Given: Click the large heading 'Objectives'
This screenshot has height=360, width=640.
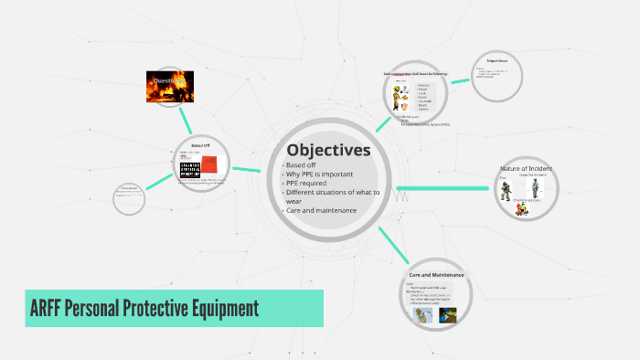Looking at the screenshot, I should [x=327, y=150].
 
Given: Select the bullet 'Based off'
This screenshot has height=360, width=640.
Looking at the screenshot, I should [x=301, y=165].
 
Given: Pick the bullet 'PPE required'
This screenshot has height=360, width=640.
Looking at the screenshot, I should [x=307, y=184].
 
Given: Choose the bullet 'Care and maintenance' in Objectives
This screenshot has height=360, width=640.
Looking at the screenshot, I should [x=320, y=211].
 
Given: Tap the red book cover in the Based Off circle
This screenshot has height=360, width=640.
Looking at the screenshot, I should [x=210, y=164].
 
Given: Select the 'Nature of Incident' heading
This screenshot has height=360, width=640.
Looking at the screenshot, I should [x=526, y=169].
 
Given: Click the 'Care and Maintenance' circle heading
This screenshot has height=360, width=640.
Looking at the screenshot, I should [x=436, y=275].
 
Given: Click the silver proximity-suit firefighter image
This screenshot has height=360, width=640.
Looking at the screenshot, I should [x=537, y=189].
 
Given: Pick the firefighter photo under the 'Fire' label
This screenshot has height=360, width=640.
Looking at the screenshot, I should [x=506, y=191].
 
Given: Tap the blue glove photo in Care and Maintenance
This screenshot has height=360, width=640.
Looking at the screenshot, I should [x=447, y=316].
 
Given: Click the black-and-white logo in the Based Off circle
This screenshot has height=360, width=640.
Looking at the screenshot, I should [x=187, y=165].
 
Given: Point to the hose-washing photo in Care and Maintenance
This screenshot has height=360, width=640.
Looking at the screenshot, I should [x=421, y=315].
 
